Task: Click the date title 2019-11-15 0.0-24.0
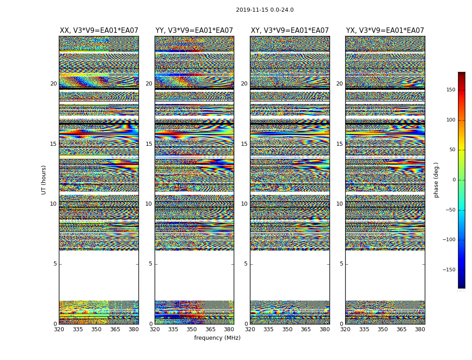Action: (265, 10)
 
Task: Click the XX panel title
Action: (99, 31)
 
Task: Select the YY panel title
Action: (194, 31)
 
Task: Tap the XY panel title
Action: (289, 31)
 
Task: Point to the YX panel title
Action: (385, 31)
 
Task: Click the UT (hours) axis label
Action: (44, 180)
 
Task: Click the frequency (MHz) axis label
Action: (217, 338)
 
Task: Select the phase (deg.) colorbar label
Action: (436, 180)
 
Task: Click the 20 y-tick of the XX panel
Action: (53, 84)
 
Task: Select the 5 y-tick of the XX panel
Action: (55, 264)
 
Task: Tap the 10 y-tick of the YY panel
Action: (149, 204)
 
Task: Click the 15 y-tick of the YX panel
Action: (339, 144)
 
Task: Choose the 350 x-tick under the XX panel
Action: (96, 329)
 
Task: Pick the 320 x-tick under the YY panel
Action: (155, 329)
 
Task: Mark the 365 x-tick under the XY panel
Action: (306, 329)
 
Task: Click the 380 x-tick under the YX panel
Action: (420, 329)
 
